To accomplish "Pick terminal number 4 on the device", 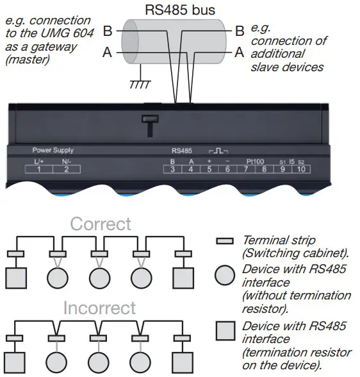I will (190, 169).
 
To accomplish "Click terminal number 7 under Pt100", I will (245, 169).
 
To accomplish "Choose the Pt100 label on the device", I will (254, 160).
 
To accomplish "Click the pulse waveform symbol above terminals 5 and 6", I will (218, 151).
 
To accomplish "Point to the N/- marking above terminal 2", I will (66, 161).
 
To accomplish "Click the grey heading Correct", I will (101, 224).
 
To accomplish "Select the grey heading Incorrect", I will (99, 308).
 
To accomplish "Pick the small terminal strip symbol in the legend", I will (224, 241).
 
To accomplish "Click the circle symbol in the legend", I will (224, 276).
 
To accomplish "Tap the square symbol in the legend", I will (224, 331).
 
